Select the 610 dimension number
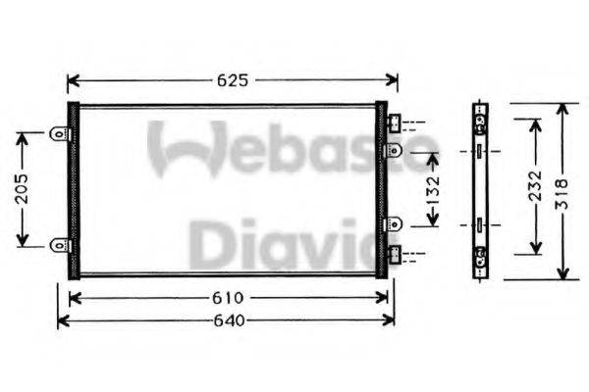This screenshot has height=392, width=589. [226, 298]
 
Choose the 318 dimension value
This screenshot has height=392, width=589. [562, 190]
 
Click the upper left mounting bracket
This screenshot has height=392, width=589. [60, 135]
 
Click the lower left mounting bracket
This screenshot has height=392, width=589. [60, 243]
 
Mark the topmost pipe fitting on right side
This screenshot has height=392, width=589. [394, 123]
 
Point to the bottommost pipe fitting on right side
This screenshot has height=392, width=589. [394, 256]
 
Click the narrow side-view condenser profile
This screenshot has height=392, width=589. [480, 190]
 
